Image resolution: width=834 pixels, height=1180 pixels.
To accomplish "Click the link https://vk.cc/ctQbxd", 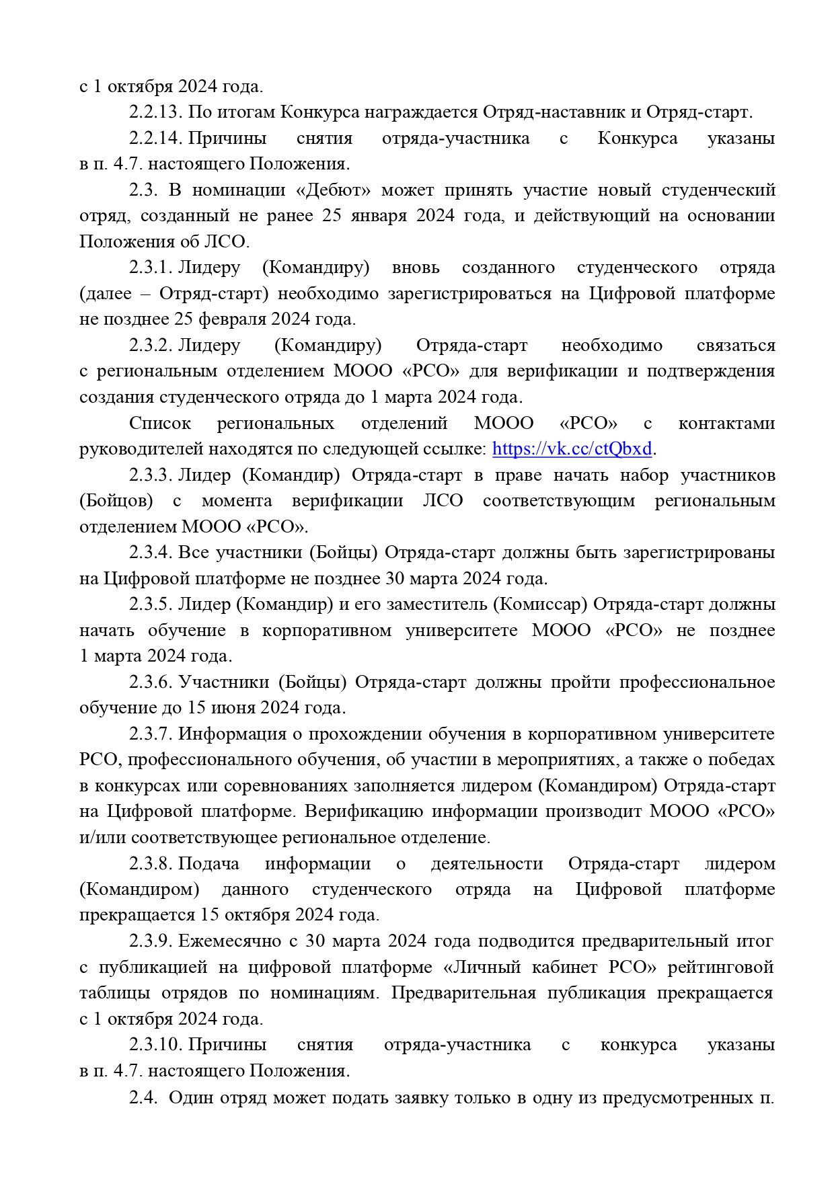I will [x=572, y=449].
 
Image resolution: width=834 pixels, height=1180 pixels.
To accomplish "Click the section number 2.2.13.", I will [x=155, y=112].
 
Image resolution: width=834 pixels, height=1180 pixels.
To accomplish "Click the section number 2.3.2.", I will [x=151, y=346].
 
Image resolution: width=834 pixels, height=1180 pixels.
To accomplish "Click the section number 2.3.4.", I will [x=151, y=553].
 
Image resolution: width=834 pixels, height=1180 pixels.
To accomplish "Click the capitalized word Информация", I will [x=232, y=734].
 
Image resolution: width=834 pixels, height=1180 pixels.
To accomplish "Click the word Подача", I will [x=208, y=864].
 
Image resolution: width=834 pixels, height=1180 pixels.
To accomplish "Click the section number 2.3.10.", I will [x=155, y=1045].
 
